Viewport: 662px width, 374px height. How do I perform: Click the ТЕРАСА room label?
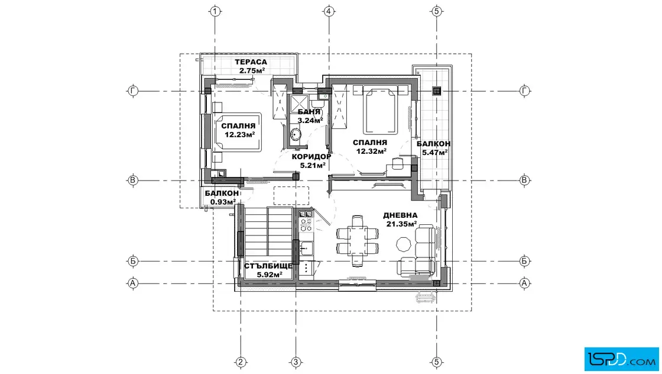(251, 62)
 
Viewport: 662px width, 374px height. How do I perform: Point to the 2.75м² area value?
(252, 70)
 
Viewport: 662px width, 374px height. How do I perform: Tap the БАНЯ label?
(309, 112)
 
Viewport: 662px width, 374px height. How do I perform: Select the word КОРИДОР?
(311, 156)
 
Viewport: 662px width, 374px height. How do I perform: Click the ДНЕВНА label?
(400, 215)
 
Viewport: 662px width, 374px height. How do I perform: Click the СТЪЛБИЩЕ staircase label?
(268, 266)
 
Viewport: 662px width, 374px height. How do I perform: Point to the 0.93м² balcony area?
(223, 202)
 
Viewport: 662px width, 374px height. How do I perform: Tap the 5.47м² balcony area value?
(435, 152)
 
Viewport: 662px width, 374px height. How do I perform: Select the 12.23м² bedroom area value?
(239, 135)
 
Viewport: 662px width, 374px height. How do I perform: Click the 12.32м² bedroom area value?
(371, 151)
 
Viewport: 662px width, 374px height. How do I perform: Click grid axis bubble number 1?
(215, 11)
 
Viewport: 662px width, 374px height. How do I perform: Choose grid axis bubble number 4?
(329, 11)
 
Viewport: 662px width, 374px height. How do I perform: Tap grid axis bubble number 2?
(241, 362)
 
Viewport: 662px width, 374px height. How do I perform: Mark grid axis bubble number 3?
(296, 362)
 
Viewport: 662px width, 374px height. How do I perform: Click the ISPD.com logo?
(621, 359)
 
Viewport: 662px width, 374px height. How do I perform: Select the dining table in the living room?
(358, 241)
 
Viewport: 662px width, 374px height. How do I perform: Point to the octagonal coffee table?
(403, 243)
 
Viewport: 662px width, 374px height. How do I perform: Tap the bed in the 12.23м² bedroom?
(236, 132)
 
